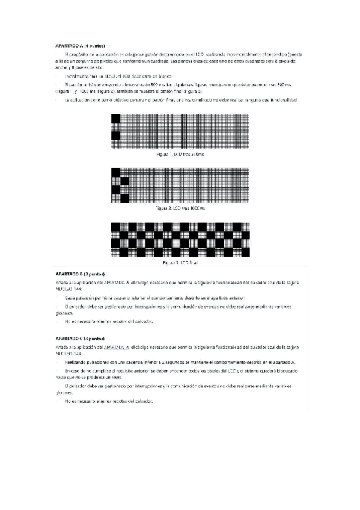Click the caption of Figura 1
(x=180, y=155)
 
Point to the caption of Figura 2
(x=180, y=208)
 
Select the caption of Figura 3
(x=180, y=263)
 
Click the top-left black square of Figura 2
(x=116, y=172)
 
